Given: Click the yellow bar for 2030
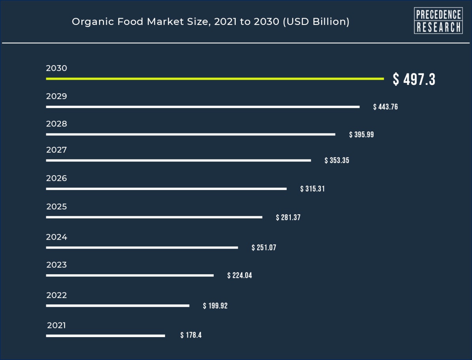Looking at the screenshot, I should [x=215, y=79].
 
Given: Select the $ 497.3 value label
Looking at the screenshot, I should [x=414, y=79].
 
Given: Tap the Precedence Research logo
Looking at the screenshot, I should [x=438, y=21].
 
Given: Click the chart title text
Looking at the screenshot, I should [x=211, y=22].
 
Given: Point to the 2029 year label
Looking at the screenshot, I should [x=56, y=96].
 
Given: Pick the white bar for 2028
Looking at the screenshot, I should [x=190, y=135].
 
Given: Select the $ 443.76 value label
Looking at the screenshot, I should [x=385, y=107].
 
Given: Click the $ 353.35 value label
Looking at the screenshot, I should [x=337, y=161].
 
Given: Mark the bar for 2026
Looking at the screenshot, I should [x=166, y=189].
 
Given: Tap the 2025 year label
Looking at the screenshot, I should [x=56, y=207].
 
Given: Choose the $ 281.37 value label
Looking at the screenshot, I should [x=288, y=217].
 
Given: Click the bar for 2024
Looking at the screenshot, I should [x=142, y=248].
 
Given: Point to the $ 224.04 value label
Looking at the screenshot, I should [x=239, y=276].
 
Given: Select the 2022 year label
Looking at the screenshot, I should [x=56, y=295].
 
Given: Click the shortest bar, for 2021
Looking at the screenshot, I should [x=105, y=336].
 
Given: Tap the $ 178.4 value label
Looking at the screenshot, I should [x=191, y=336].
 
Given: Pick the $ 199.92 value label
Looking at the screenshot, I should [x=215, y=306].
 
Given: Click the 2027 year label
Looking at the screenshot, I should [x=56, y=150].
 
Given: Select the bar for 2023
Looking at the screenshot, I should [x=130, y=276].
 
